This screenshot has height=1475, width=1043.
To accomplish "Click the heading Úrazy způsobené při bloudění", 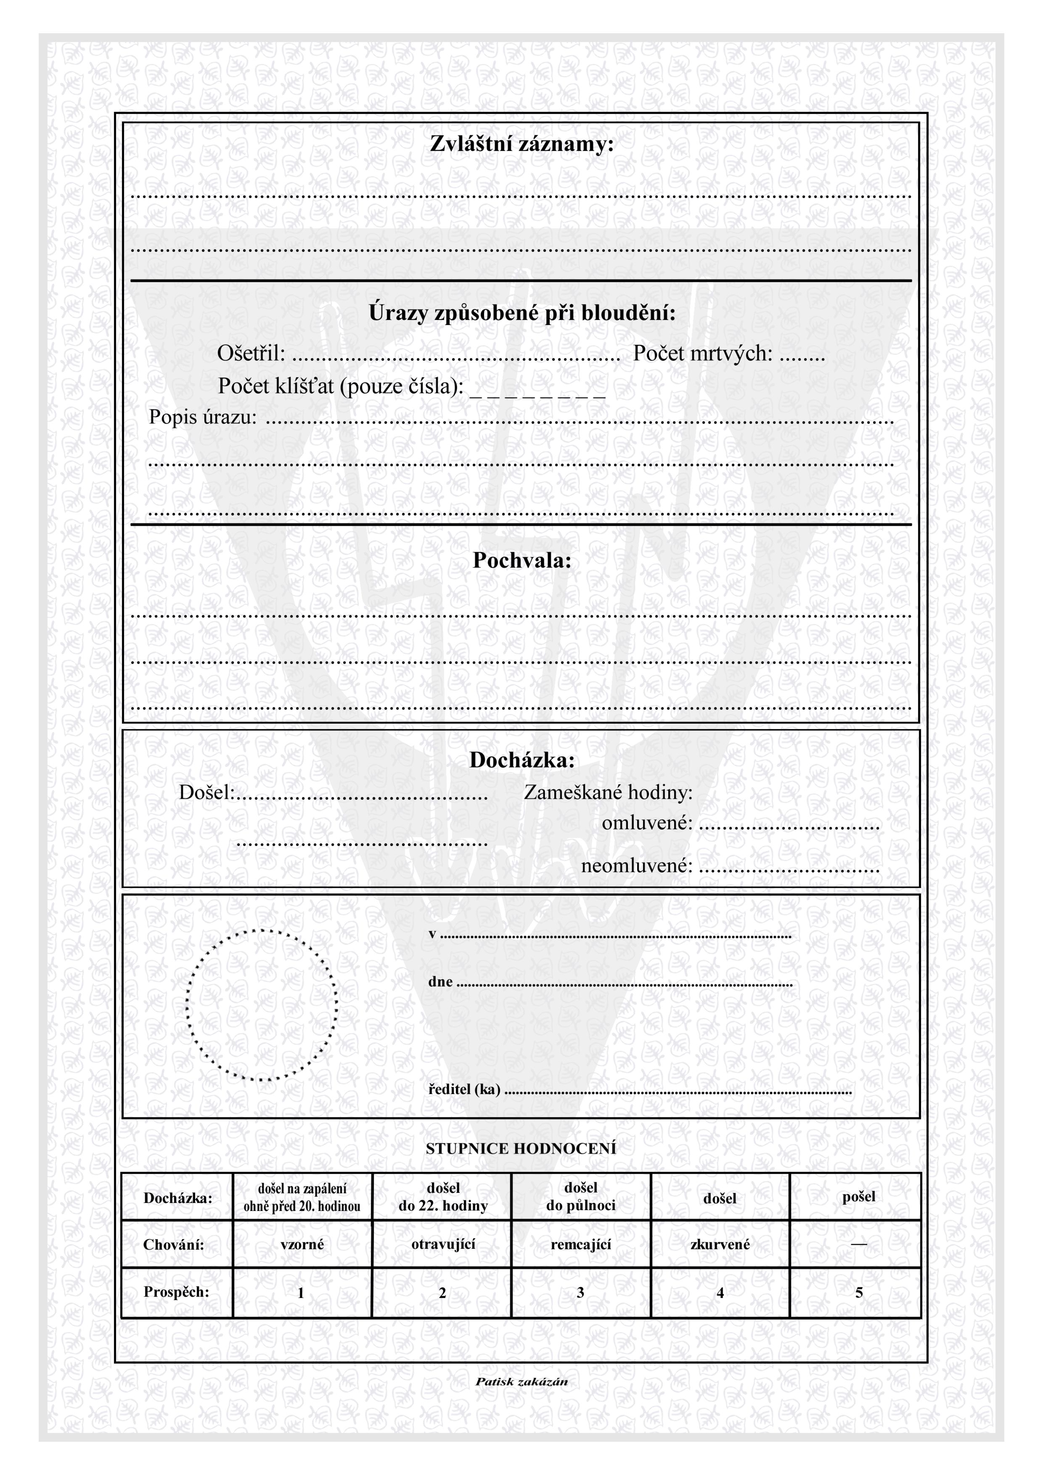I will (521, 314).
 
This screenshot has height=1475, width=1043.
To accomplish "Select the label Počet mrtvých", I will (702, 353).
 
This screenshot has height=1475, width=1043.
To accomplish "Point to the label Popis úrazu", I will (202, 418).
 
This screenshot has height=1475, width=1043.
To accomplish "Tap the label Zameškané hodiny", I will (608, 793).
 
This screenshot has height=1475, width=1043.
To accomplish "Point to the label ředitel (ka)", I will (464, 1089).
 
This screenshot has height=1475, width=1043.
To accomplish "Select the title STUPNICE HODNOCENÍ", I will (521, 1149).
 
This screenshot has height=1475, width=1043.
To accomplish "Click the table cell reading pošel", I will (858, 1197).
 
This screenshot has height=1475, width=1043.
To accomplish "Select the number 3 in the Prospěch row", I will (580, 1293).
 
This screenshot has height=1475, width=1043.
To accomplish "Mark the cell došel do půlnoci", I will (580, 1197).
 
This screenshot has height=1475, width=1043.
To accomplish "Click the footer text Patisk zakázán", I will (521, 1382).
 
